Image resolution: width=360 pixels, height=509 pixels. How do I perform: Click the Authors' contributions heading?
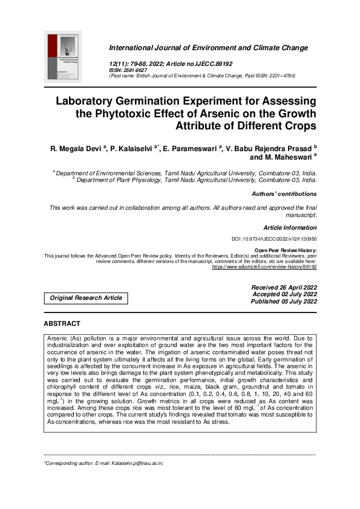pos(284,194)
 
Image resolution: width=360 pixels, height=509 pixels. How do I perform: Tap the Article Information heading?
pos(290,228)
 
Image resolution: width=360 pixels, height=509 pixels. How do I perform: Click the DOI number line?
pos(274,239)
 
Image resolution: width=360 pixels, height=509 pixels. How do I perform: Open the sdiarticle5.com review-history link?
pos(264,266)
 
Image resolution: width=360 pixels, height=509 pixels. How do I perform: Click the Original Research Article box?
pos(86,298)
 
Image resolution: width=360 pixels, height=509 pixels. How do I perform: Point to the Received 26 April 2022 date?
pos(284,287)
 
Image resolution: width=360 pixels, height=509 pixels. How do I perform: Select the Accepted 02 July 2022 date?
pos(284,294)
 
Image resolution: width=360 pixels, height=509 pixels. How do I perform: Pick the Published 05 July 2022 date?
pos(284,301)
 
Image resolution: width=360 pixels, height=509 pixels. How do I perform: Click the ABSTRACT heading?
pos(62,324)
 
